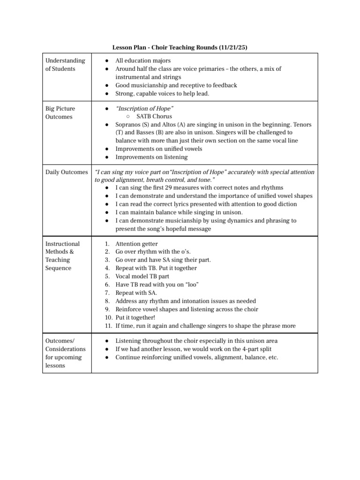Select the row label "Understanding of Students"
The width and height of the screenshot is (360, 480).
point(65,65)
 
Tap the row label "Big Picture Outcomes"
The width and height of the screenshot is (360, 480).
point(60,112)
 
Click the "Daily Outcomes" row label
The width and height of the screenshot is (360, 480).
point(66,172)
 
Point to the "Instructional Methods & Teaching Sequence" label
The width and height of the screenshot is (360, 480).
point(62,256)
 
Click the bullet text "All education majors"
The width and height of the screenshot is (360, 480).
point(143,60)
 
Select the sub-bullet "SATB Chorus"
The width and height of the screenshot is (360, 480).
point(154,116)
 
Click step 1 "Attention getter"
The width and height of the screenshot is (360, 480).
point(136,244)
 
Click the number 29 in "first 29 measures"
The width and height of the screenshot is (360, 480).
point(168,187)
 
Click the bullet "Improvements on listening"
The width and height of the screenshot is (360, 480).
point(151,157)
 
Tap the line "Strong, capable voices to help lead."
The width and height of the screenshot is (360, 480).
point(162,93)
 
